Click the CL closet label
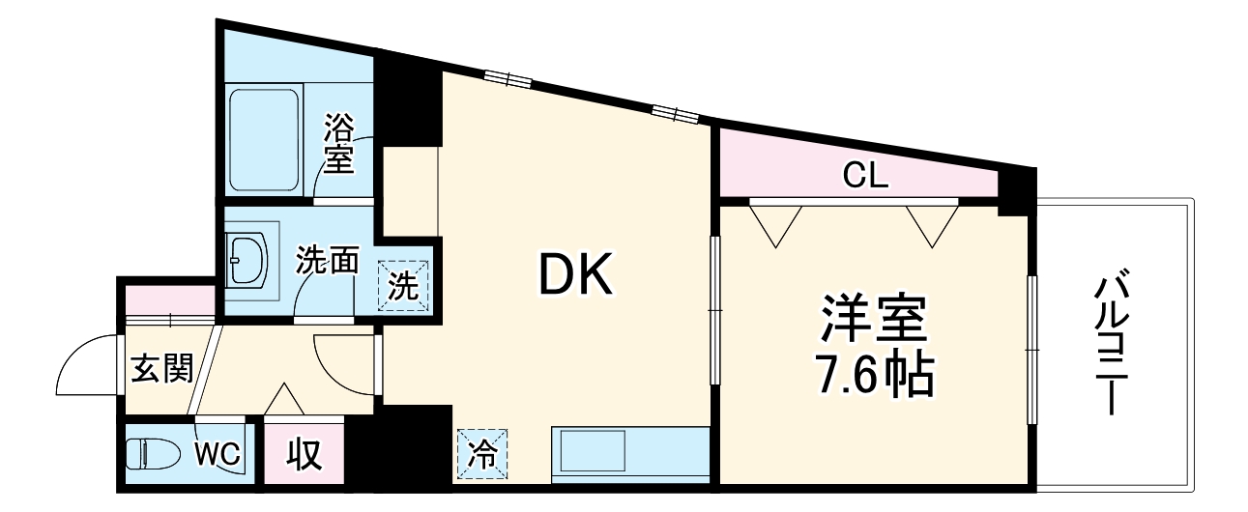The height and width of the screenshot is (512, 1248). point(865,176)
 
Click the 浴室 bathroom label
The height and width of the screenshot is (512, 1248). point(338,144)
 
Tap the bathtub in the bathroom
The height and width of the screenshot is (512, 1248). point(264,142)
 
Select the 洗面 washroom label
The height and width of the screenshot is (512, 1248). point(328,260)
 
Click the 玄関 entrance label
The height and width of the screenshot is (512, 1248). point(161,367)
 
